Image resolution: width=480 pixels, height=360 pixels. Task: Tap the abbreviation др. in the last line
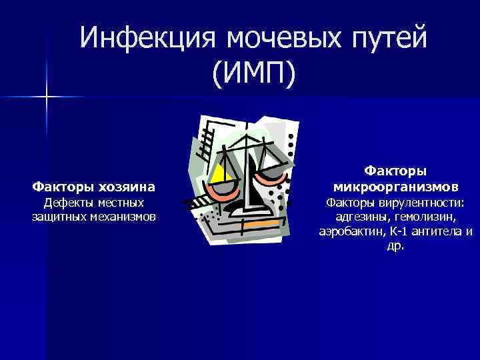point(395,246)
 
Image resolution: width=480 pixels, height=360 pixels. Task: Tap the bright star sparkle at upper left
point(47,97)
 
